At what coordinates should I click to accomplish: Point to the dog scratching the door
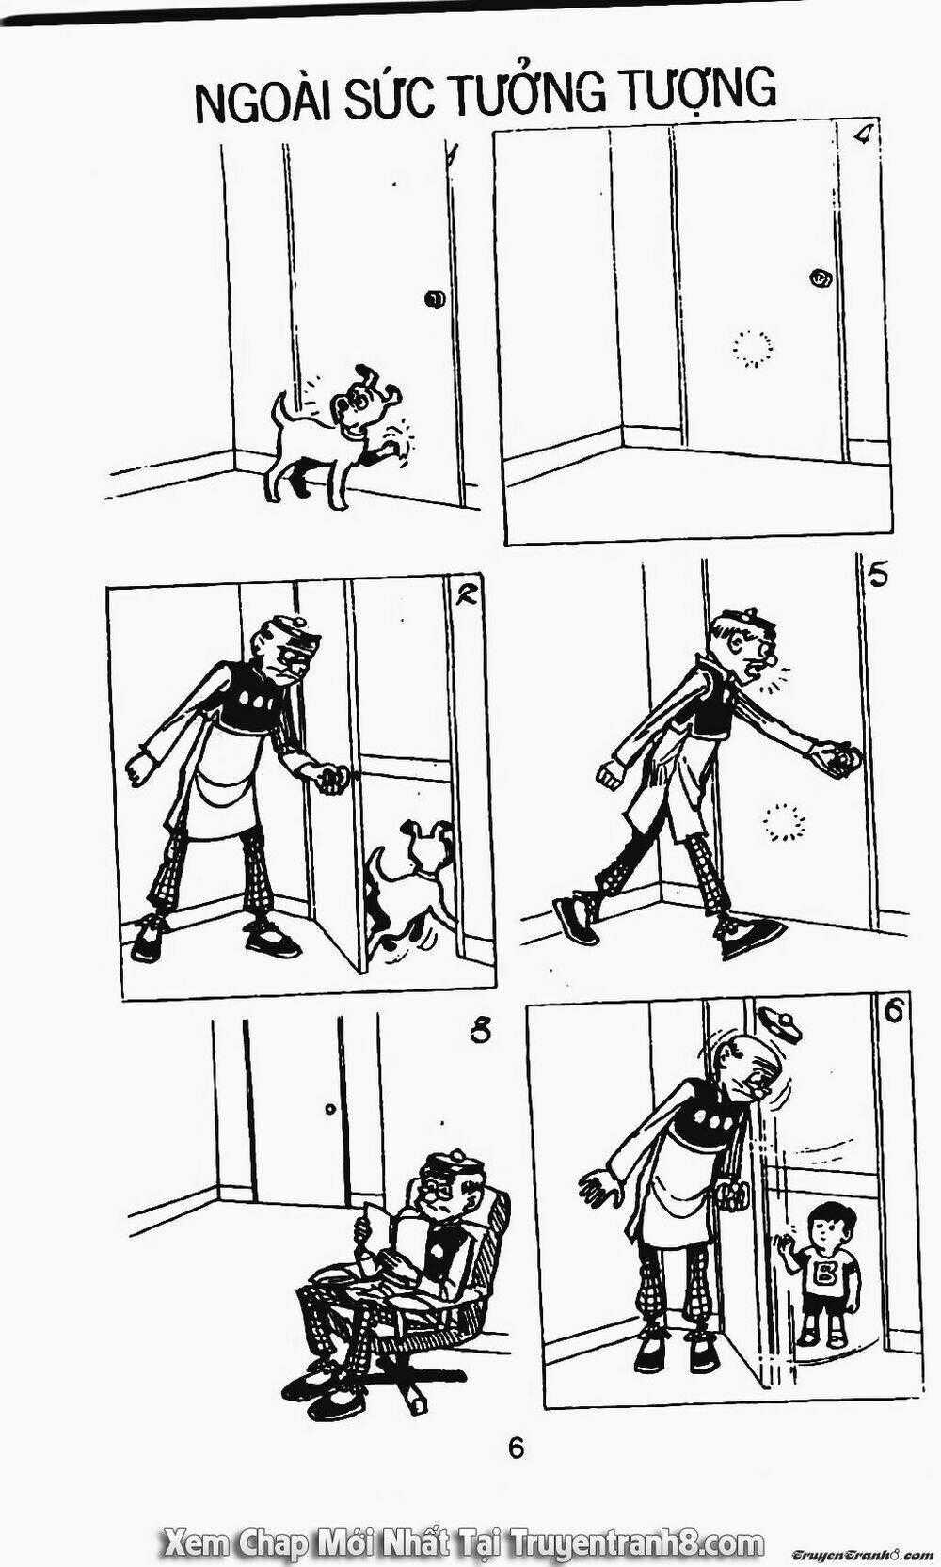336,434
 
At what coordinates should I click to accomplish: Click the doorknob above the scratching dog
434,299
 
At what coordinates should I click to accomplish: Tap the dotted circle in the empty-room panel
753,348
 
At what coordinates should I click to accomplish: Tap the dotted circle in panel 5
784,822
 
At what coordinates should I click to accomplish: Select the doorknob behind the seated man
328,1110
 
